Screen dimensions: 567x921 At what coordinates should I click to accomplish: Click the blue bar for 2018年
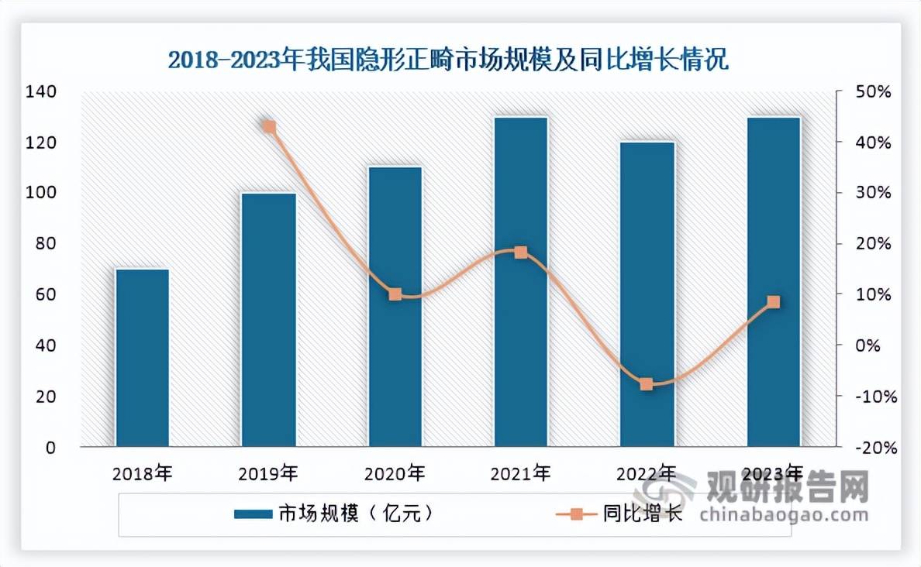(x=143, y=358)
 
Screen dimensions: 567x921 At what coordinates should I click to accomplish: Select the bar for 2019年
(x=269, y=320)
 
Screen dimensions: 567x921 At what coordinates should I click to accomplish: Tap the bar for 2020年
(x=395, y=307)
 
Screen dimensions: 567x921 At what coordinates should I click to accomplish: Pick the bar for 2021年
(x=521, y=282)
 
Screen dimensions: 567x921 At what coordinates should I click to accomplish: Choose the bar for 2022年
(x=647, y=294)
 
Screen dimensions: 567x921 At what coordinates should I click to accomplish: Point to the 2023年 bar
(x=774, y=282)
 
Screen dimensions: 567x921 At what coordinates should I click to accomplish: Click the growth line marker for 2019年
(x=269, y=127)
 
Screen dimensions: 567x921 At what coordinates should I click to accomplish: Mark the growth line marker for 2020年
(x=395, y=294)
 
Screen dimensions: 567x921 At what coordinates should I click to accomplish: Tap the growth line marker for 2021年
(x=521, y=253)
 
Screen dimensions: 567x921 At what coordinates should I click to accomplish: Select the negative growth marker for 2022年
(x=647, y=384)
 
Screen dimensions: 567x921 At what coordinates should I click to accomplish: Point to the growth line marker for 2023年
(x=774, y=302)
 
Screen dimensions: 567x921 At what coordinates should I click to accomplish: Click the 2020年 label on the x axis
(x=395, y=472)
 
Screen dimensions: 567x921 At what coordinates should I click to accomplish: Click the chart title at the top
(x=449, y=60)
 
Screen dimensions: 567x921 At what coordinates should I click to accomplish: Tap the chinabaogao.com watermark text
(x=783, y=515)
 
